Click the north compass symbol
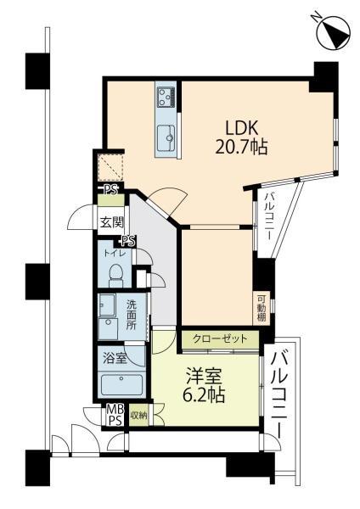[x=331, y=31]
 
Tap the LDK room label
[x=241, y=127]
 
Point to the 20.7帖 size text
[x=240, y=147]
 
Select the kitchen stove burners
[x=165, y=98]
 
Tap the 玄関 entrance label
[x=111, y=223]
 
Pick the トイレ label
[x=114, y=254]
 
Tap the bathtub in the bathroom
[x=122, y=385]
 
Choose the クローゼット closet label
[x=219, y=338]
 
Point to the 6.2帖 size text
[x=205, y=394]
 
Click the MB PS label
[x=113, y=415]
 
